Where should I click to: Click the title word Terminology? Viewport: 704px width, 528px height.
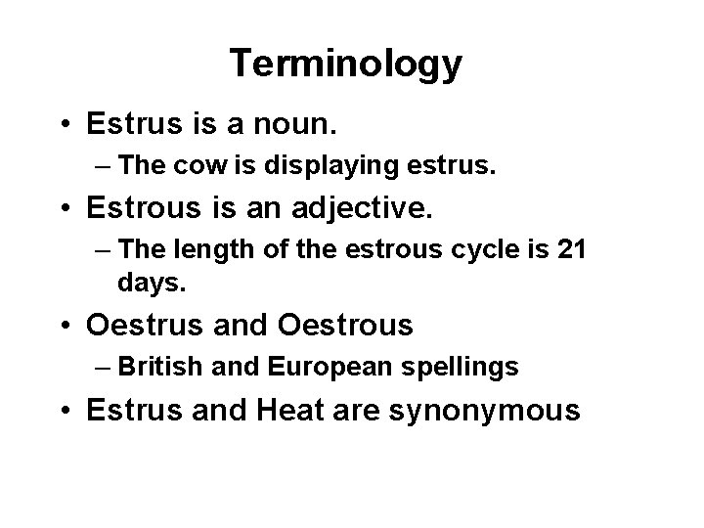click(x=346, y=65)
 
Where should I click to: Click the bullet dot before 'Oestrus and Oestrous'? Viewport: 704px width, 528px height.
click(x=67, y=325)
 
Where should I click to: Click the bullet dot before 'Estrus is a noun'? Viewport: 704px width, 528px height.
click(x=67, y=125)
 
